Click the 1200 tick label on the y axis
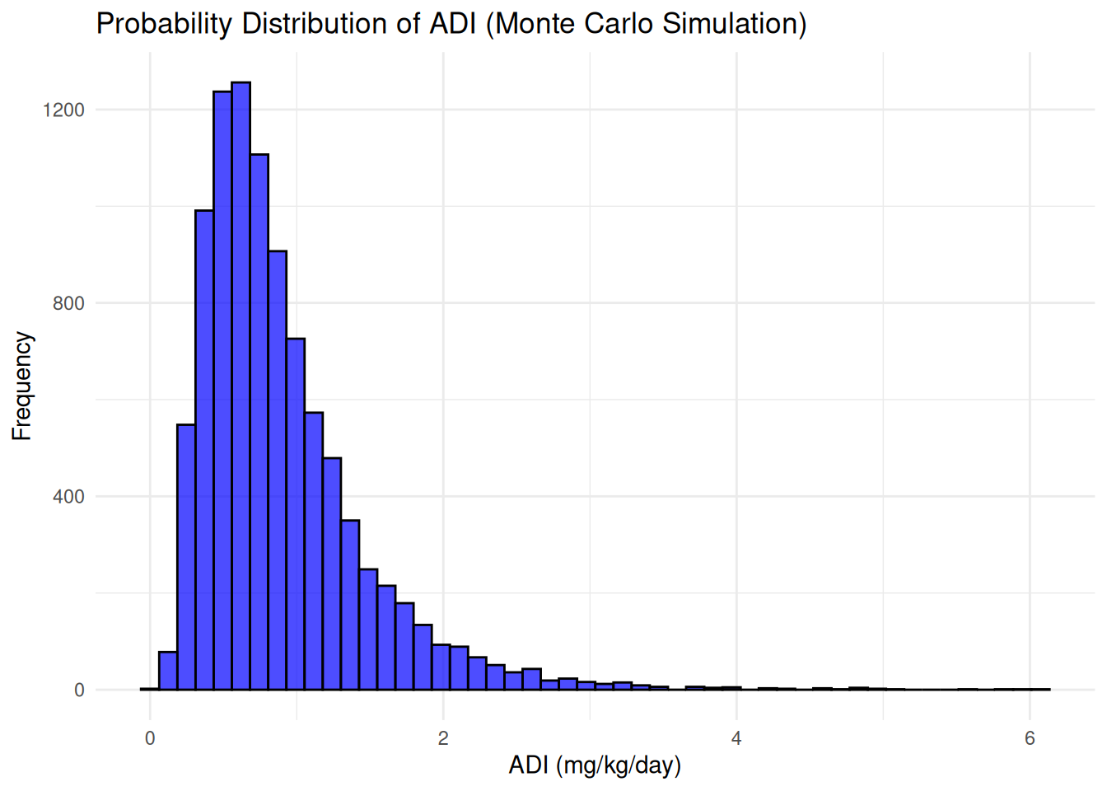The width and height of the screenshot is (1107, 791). pyautogui.click(x=63, y=110)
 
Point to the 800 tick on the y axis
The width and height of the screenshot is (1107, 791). pyautogui.click(x=68, y=303)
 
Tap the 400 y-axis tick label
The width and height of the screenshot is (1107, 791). pyautogui.click(x=68, y=497)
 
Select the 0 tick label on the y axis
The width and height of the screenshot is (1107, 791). pyautogui.click(x=79, y=690)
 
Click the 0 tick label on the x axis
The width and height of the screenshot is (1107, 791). pyautogui.click(x=150, y=738)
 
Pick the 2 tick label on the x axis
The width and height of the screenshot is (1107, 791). pyautogui.click(x=443, y=738)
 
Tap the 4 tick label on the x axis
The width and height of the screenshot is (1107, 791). pyautogui.click(x=736, y=738)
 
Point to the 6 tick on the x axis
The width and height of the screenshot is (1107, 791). pyautogui.click(x=1030, y=738)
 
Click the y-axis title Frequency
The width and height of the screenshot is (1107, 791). pyautogui.click(x=21, y=386)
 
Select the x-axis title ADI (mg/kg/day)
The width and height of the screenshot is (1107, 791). pyautogui.click(x=595, y=765)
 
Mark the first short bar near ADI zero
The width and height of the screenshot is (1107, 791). pyautogui.click(x=168, y=671)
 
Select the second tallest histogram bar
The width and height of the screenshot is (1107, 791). pyautogui.click(x=222, y=391)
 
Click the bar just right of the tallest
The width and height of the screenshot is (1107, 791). pyautogui.click(x=259, y=422)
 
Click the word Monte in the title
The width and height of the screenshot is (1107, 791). pyautogui.click(x=535, y=23)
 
